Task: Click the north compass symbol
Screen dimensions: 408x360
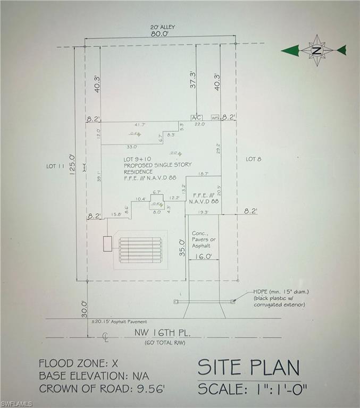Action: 317,50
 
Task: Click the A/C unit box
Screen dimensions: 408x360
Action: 196,117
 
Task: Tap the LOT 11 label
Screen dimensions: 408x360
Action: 55,166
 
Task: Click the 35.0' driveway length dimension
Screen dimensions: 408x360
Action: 181,248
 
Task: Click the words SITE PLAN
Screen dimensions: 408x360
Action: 248,368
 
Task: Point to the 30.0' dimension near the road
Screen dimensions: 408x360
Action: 83,309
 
